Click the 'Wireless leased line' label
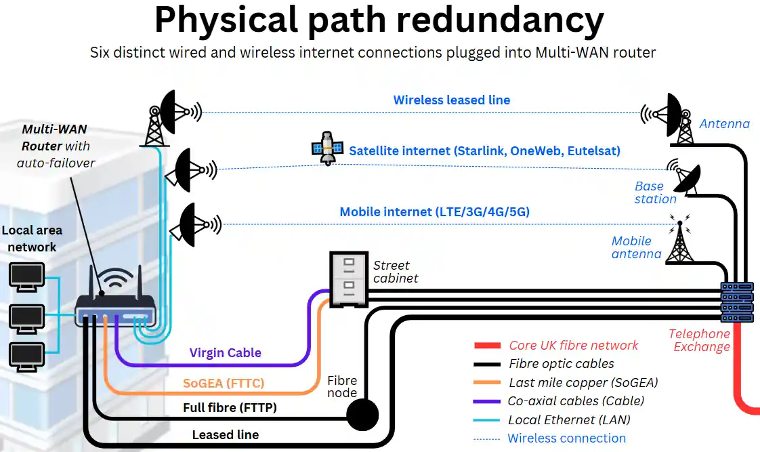[x=452, y=100]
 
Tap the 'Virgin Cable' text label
[x=225, y=353]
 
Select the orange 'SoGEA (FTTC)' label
[x=224, y=384]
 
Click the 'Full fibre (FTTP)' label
[x=230, y=408]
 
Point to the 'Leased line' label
[x=225, y=435]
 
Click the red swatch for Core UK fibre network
[x=487, y=346]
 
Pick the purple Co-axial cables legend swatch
[x=487, y=401]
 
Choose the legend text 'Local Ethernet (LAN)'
[x=569, y=420]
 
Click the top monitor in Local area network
[x=26, y=276]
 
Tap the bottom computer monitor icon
[x=26, y=357]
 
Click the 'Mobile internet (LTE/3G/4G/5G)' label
[x=434, y=212]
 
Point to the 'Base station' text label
[x=655, y=192]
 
